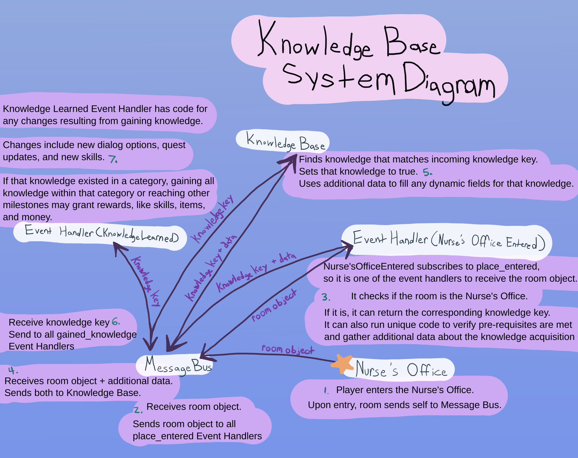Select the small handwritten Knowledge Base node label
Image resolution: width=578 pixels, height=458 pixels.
[x=286, y=142]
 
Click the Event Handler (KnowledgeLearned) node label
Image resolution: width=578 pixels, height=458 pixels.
[x=101, y=233]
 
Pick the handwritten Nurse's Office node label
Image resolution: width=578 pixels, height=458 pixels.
[x=401, y=369]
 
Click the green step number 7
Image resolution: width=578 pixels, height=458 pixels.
[x=113, y=159]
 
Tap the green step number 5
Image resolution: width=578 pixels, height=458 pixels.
[x=427, y=172]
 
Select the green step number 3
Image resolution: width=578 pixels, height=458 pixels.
[x=326, y=297]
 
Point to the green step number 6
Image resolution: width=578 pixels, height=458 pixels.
[x=116, y=321]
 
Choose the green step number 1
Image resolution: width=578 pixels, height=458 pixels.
[x=326, y=391]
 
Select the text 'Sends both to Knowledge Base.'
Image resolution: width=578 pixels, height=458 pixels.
[x=73, y=393]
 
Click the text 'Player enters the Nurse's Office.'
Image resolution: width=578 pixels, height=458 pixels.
[x=405, y=390]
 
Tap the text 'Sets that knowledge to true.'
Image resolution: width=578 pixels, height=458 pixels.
[x=358, y=171]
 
